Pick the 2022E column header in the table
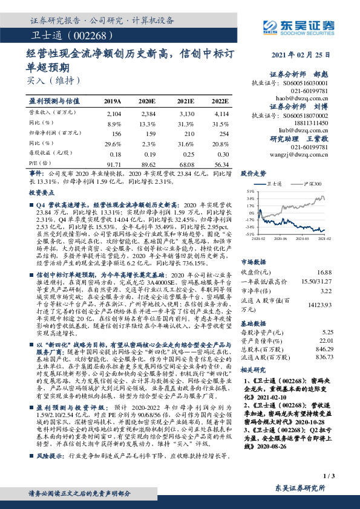[220, 101]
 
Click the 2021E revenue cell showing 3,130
[185, 113]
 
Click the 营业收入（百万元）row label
[51, 113]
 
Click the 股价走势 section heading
[254, 173]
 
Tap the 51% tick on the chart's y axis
[250, 190]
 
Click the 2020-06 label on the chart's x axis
[279, 239]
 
